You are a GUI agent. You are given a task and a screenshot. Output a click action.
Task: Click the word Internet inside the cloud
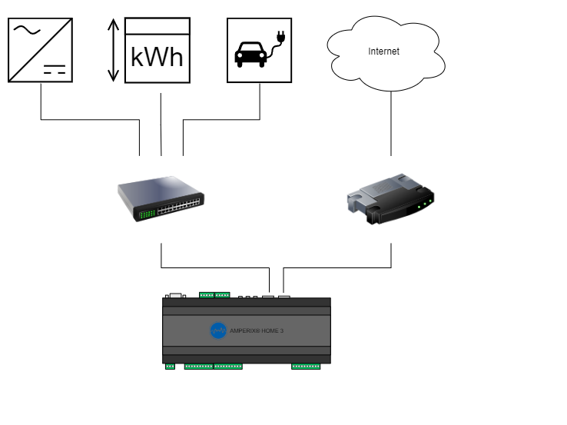384,51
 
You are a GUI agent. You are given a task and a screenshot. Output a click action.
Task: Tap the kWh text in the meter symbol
157,57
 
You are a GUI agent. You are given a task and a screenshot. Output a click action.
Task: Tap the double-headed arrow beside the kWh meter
113,50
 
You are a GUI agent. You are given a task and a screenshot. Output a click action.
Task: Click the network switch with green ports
161,198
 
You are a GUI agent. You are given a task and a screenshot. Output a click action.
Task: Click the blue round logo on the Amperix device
218,330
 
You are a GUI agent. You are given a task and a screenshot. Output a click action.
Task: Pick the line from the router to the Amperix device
338,267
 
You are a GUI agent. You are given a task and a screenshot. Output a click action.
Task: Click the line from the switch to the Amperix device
215,267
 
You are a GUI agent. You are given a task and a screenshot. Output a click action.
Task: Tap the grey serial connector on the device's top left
175,294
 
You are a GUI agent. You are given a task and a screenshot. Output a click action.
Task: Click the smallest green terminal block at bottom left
170,367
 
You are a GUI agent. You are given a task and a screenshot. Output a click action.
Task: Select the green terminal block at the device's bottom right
306,367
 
